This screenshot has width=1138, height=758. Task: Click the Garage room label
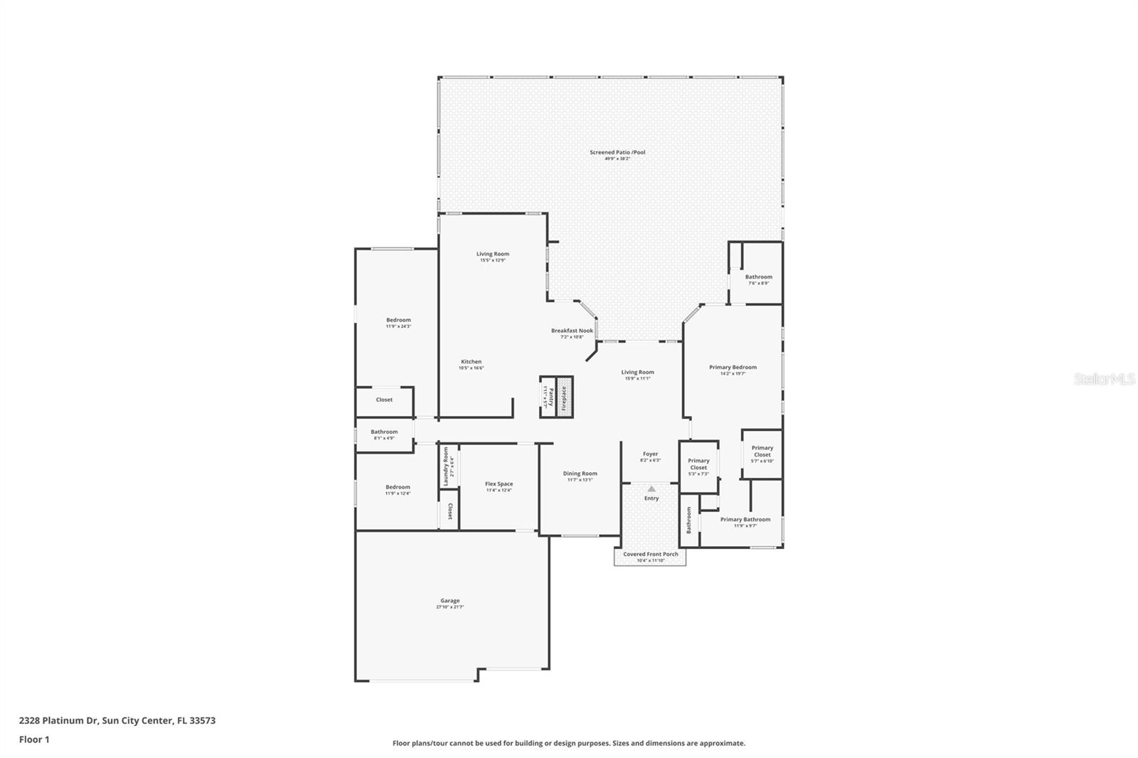click(450, 603)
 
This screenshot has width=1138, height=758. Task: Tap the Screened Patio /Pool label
click(617, 154)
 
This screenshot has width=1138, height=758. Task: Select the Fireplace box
click(565, 397)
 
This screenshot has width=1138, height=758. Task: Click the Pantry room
click(548, 397)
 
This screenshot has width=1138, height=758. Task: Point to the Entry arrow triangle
click(652, 489)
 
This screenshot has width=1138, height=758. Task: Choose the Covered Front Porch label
click(650, 557)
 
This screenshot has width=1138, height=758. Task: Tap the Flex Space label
click(499, 486)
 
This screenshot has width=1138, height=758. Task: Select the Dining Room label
click(580, 476)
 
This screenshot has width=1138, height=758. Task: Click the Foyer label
click(650, 456)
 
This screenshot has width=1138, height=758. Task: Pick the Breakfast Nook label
click(572, 333)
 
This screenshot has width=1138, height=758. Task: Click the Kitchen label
click(471, 364)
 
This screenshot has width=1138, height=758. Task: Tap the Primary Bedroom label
click(733, 370)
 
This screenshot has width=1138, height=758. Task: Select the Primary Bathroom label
click(745, 522)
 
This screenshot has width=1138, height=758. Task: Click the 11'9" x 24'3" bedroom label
click(398, 322)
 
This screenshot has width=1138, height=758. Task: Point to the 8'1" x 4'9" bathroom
click(384, 434)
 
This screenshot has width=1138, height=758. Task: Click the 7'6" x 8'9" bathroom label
click(758, 279)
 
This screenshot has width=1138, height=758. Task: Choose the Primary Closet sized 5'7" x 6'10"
click(762, 454)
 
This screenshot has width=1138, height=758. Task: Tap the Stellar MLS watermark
click(1104, 379)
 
